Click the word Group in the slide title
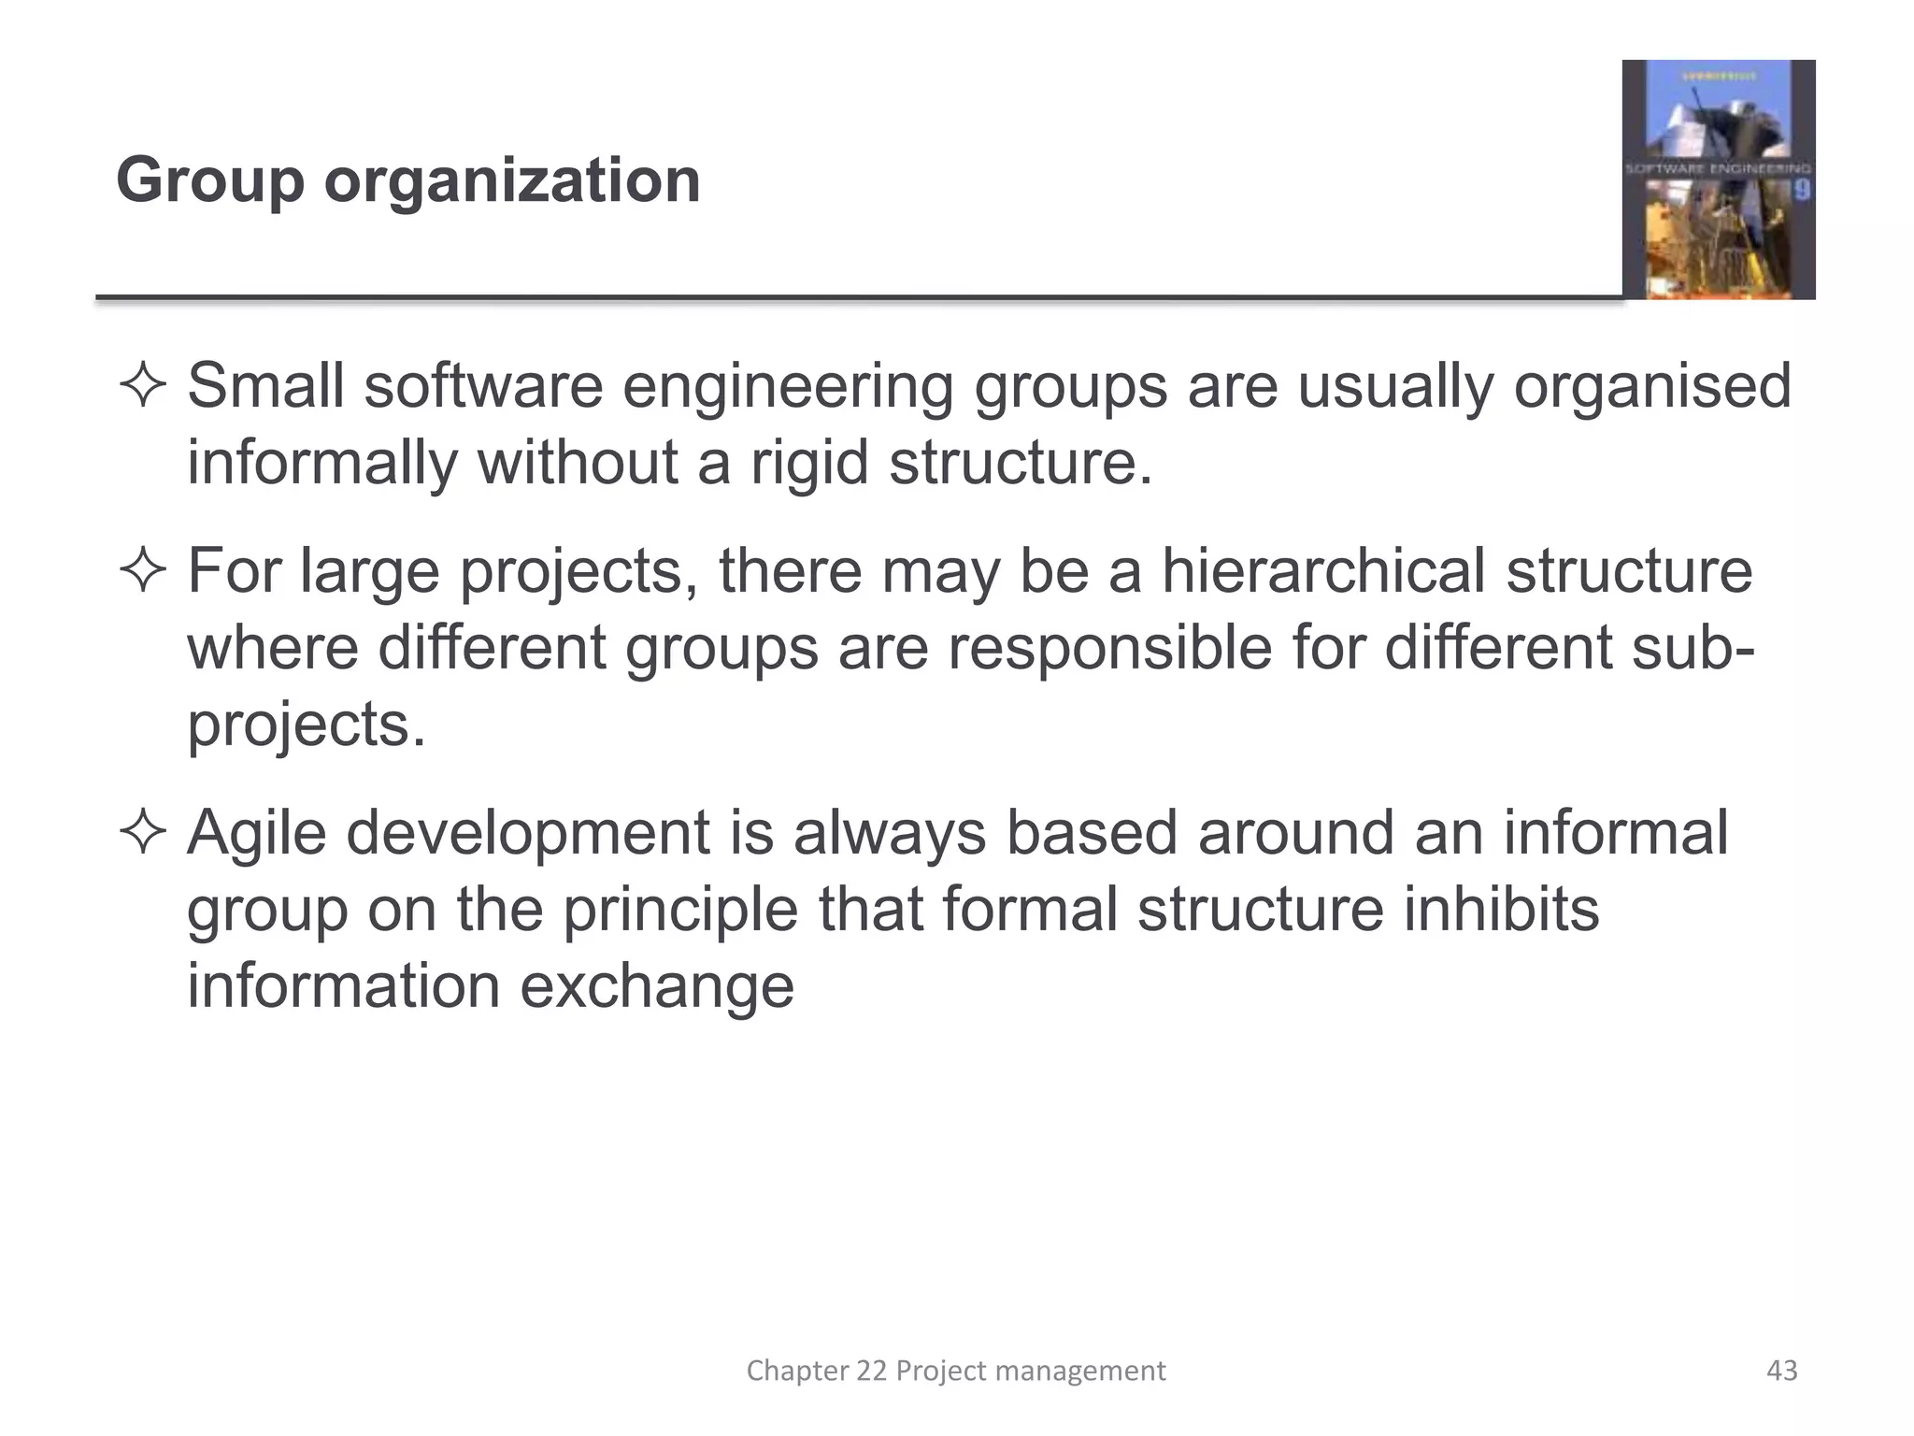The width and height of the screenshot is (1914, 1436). pos(210,180)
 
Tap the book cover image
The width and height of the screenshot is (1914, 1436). pos(1718,179)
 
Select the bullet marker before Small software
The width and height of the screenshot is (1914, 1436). pos(143,387)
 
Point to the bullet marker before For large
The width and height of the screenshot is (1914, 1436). pos(143,571)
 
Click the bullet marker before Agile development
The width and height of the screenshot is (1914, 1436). pos(143,833)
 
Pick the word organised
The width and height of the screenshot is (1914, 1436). pos(1651,387)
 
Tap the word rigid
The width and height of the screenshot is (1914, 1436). pos(809,462)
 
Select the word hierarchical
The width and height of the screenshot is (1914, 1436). pos(1323,571)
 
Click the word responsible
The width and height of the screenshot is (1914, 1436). pos(1109,648)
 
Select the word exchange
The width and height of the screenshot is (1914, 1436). pos(656,986)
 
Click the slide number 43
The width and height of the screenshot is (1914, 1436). pos(1781,1371)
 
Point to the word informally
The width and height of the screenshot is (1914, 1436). pos(322,462)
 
